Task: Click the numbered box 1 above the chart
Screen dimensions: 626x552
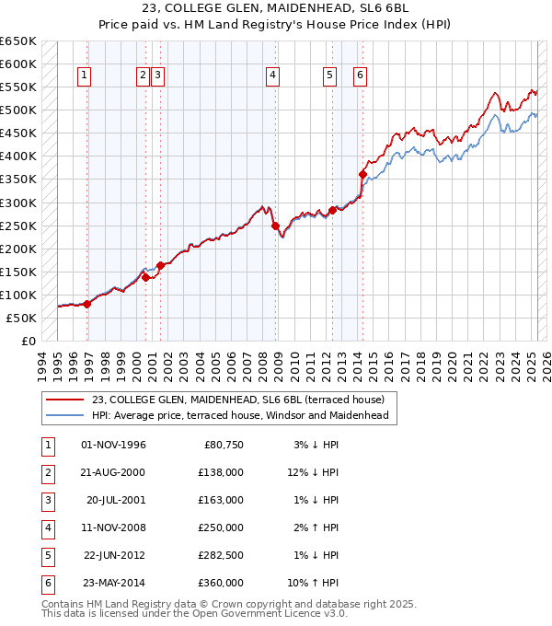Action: click(84, 76)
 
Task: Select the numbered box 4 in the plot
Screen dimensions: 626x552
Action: click(273, 76)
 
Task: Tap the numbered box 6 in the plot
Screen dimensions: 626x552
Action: click(359, 76)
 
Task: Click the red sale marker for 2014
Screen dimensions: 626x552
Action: click(362, 174)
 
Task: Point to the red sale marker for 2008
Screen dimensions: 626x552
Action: click(275, 225)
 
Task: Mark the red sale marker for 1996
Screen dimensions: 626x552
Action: click(86, 304)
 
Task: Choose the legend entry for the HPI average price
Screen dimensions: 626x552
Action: click(240, 415)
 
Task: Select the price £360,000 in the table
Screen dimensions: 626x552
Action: click(222, 583)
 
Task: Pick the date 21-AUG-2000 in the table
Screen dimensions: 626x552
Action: click(114, 472)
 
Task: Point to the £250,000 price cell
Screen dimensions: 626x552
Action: click(222, 527)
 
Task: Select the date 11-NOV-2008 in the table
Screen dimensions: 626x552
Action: click(114, 527)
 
